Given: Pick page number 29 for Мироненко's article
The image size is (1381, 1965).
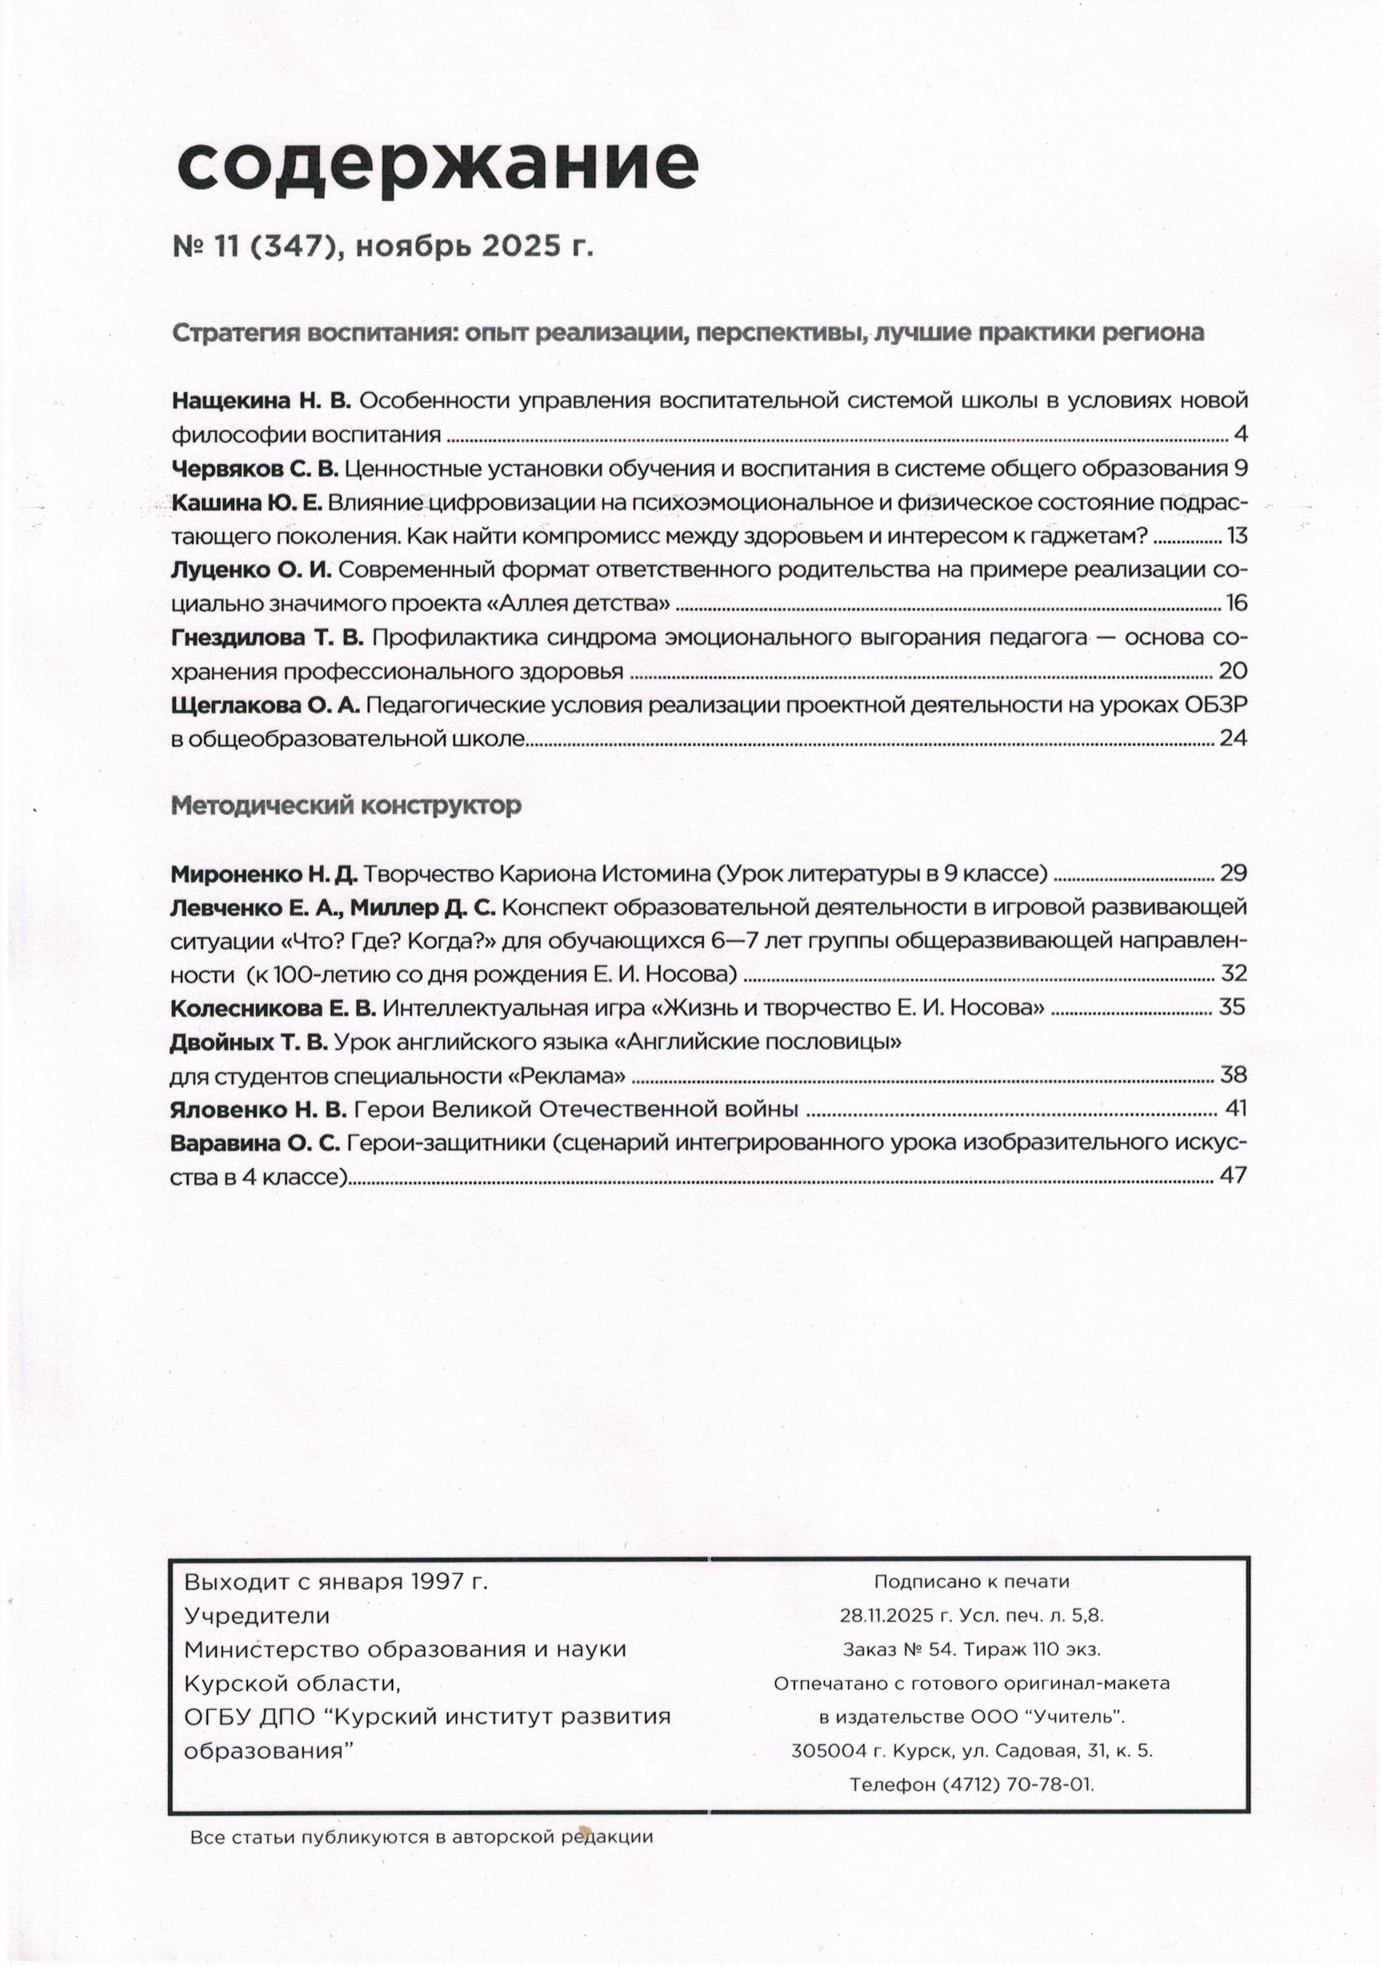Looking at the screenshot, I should click(1233, 873).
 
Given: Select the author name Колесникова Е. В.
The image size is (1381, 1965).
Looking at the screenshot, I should click(273, 1007).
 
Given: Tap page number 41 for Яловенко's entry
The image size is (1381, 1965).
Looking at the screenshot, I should click(1235, 1109).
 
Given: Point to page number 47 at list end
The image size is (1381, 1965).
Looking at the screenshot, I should click(1233, 1177).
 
